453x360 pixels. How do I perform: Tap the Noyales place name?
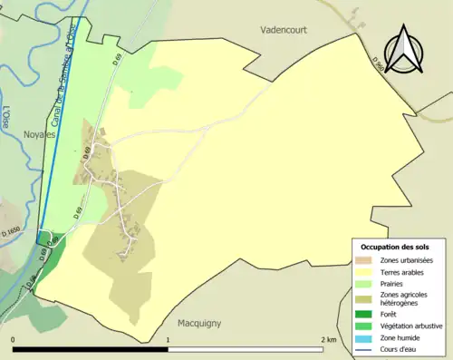tap(40, 133)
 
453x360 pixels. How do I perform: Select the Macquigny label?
tap(194, 322)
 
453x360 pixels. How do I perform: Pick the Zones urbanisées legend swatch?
tap(367, 261)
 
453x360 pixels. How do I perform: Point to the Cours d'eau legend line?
tap(367, 347)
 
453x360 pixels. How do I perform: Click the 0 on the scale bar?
tap(14, 339)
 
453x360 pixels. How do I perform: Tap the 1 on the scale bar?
tap(168, 339)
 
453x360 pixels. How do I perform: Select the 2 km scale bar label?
tap(328, 339)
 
